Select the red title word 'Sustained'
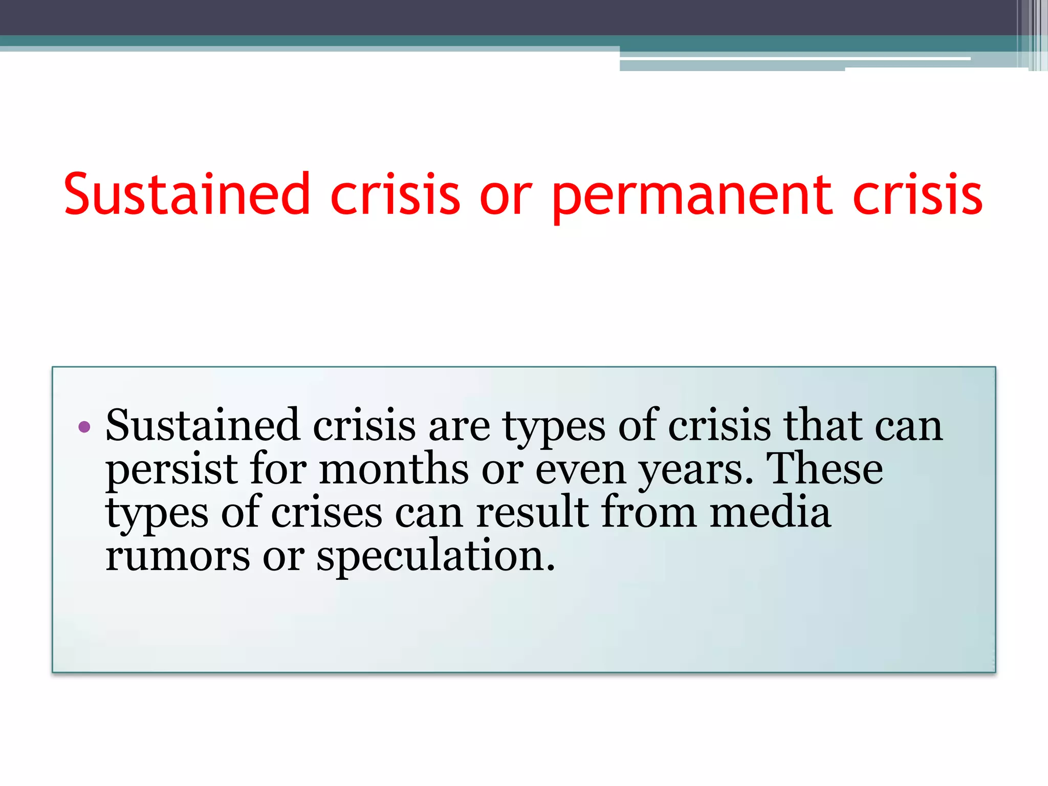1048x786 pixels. (x=187, y=194)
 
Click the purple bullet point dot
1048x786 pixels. (x=84, y=426)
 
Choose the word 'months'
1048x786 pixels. (x=394, y=470)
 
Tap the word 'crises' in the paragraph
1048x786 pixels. (x=326, y=513)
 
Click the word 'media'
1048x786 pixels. (x=770, y=513)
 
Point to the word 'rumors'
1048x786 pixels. (x=178, y=557)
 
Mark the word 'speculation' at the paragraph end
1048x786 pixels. (x=435, y=557)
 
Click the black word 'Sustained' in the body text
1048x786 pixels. (x=203, y=426)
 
